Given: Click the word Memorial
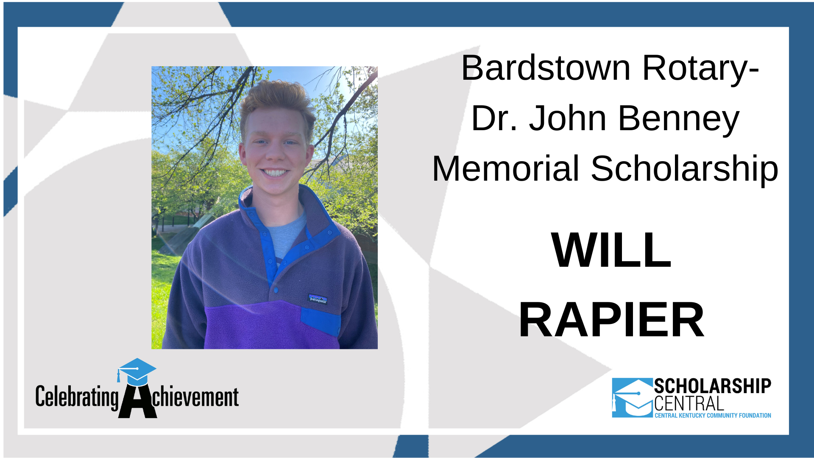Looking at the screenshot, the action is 505,169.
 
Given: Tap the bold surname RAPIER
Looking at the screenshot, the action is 611,320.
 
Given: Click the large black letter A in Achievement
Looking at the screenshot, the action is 137,402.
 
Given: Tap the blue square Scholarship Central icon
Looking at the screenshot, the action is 632,398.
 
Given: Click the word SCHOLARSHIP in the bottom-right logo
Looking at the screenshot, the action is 712,386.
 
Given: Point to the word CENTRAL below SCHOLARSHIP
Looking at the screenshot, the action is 689,404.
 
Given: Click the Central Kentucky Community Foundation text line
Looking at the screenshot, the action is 713,416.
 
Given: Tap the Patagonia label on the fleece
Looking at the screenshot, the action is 317,299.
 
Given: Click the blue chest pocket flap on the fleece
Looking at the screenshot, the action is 321,321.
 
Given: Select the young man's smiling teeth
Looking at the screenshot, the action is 274,173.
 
